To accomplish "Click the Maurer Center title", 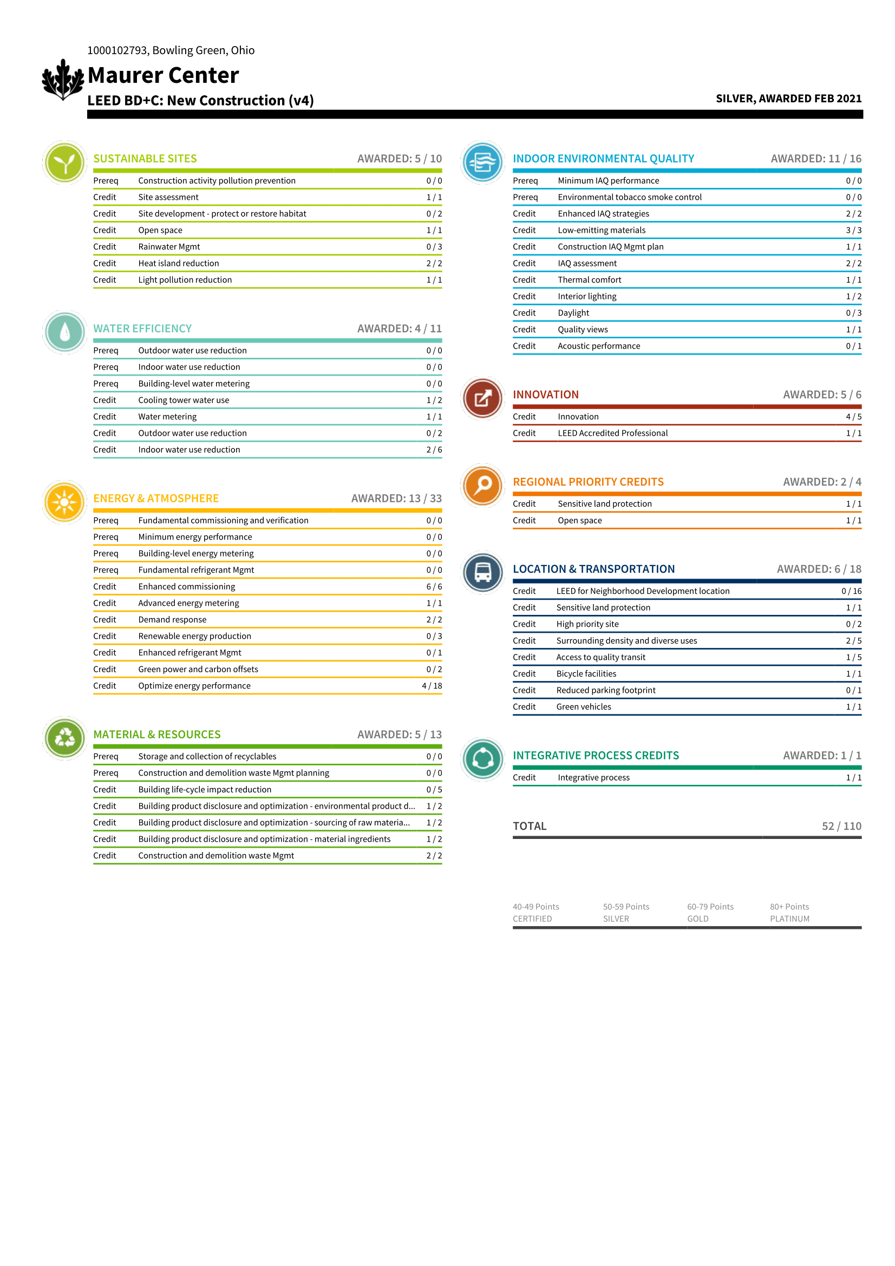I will click(163, 76).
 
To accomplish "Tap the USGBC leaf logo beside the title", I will click(63, 80).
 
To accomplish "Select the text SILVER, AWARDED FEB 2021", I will click(788, 99).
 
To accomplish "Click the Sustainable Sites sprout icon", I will click(64, 163).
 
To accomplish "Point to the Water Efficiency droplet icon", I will click(64, 332).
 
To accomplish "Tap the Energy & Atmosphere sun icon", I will click(64, 502).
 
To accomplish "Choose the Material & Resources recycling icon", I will click(64, 738).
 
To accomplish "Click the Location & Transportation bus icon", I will click(483, 572).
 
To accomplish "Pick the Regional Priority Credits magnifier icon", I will click(483, 485).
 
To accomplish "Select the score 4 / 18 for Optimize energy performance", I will click(432, 686).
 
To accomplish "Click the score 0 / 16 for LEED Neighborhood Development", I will click(851, 591).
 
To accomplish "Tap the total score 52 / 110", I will click(841, 826).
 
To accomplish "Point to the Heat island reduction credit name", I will click(179, 264).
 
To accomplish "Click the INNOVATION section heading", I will click(545, 395).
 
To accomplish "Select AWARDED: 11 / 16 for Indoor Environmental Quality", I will click(815, 159).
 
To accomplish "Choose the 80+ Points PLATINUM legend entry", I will click(789, 913).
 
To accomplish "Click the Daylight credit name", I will click(573, 313).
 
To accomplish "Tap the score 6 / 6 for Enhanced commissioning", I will click(434, 587).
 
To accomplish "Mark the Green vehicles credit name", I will click(584, 707).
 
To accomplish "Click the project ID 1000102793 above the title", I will click(117, 51).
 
